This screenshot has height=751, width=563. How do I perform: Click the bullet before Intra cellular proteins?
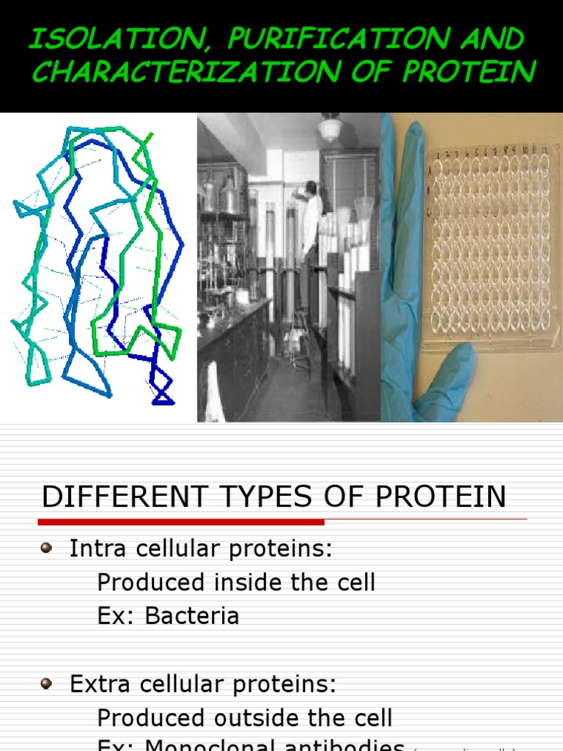pos(47,547)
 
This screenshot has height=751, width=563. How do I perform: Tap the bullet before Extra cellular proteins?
pos(47,684)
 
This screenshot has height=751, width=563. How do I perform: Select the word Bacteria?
pos(192,615)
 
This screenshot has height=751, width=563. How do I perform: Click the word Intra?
pos(95,549)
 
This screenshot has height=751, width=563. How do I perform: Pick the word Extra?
pos(97,684)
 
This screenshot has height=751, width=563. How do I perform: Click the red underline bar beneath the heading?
pos(180,522)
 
